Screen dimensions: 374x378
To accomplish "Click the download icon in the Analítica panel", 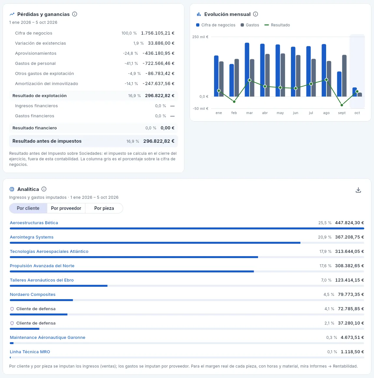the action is click(x=358, y=190).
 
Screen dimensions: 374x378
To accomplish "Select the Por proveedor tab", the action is click(x=66, y=208).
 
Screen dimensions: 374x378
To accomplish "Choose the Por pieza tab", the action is click(x=104, y=208).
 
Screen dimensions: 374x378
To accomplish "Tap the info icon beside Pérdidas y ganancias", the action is click(x=75, y=14).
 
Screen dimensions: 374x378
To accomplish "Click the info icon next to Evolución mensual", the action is click(x=255, y=14).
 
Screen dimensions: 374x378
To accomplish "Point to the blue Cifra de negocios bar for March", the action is click(x=247, y=70).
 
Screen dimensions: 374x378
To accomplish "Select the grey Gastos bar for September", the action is click(x=344, y=76).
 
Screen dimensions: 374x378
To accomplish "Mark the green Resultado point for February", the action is click(x=234, y=101).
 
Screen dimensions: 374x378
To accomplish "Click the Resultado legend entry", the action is click(x=277, y=25).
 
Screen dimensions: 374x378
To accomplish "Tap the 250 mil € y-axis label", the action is click(x=200, y=37).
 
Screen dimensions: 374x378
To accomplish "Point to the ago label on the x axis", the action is click(x=326, y=113).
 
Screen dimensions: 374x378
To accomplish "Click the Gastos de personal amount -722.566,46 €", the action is click(x=159, y=64).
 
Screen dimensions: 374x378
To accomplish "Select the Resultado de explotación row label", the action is click(x=39, y=96).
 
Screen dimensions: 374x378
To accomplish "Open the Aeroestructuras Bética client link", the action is click(x=34, y=223).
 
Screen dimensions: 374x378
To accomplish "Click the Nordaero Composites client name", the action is click(x=33, y=294).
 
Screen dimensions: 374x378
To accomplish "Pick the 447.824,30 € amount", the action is click(x=350, y=223).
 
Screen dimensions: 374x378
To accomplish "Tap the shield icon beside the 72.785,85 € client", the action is click(x=12, y=309).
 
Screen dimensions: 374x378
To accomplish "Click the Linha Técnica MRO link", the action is click(x=30, y=352).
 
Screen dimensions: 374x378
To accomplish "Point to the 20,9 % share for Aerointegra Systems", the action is click(x=324, y=237).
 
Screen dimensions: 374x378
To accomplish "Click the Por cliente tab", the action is click(x=28, y=208).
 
